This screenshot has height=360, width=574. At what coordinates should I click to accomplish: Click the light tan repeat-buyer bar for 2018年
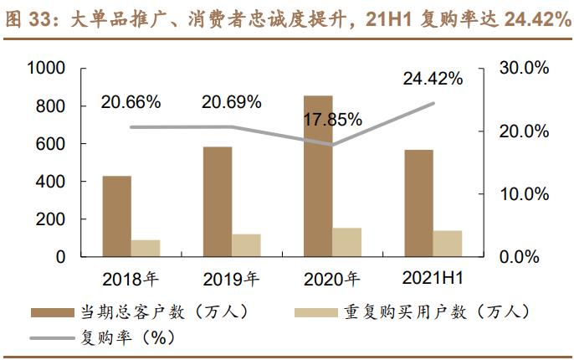click(x=145, y=248)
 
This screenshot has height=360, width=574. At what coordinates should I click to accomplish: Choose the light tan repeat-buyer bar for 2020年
click(x=346, y=242)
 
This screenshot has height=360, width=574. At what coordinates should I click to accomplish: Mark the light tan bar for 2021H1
click(x=447, y=243)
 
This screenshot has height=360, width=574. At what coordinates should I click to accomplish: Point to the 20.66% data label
click(x=131, y=103)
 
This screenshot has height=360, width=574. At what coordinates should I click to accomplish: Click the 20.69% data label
click(x=232, y=103)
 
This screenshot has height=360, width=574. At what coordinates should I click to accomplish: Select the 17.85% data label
click(x=332, y=119)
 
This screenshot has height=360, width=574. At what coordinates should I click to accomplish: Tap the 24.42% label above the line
click(x=433, y=80)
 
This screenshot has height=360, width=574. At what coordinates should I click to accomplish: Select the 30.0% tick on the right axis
click(x=525, y=69)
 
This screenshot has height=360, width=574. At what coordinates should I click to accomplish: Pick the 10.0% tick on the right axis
click(x=525, y=194)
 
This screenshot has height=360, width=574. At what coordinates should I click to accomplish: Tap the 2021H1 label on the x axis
click(x=433, y=278)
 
